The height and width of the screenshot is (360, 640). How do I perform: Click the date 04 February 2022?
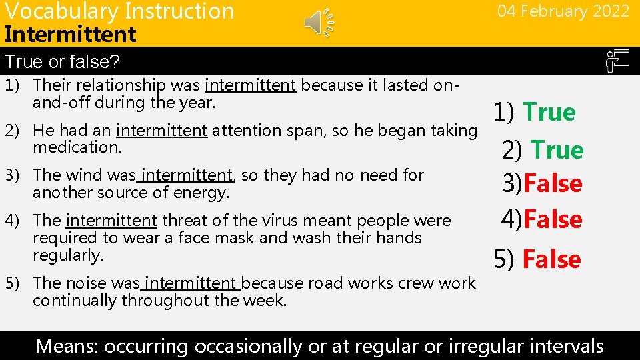(x=563, y=11)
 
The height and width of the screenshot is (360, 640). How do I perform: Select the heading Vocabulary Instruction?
(x=119, y=11)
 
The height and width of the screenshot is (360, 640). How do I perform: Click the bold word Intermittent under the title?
(x=70, y=33)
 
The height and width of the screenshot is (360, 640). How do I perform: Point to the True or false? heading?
(x=62, y=62)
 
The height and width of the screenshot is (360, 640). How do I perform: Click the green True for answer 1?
(x=549, y=112)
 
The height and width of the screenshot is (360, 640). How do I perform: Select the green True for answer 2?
(x=557, y=150)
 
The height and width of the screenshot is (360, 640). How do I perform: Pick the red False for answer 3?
(x=553, y=183)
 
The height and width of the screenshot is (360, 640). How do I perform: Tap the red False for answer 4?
(x=553, y=219)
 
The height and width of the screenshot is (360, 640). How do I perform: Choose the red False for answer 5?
(x=551, y=259)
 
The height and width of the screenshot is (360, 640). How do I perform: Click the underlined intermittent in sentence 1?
(x=250, y=85)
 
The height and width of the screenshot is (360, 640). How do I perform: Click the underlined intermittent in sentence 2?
(x=161, y=131)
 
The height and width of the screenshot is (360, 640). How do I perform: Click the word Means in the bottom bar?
(x=65, y=346)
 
